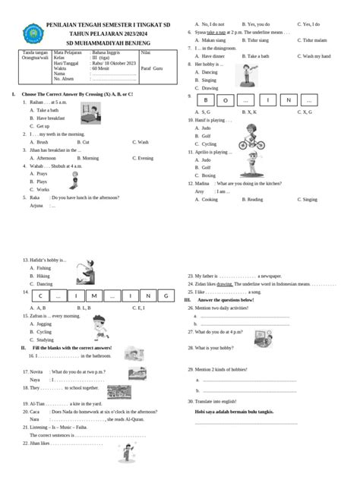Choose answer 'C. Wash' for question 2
click(141, 142)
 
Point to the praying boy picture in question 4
click(75, 180)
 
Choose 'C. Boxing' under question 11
click(208, 175)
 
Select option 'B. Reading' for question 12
click(254, 199)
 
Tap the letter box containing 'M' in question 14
click(96, 295)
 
